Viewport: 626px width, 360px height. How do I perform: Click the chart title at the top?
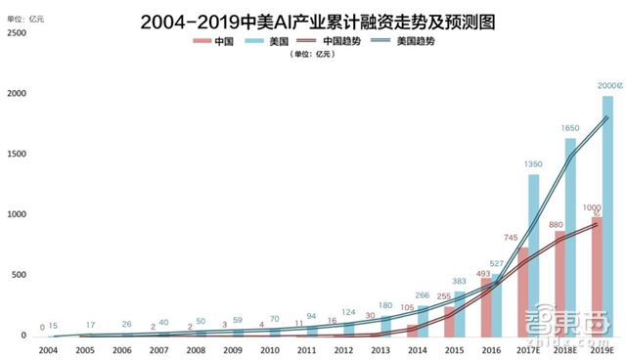pyautogui.click(x=314, y=19)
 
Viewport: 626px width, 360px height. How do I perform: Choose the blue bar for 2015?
pyautogui.click(x=460, y=313)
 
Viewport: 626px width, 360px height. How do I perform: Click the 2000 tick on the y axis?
pyautogui.click(x=15, y=94)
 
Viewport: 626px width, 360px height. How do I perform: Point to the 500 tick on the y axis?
pyautogui.click(x=18, y=276)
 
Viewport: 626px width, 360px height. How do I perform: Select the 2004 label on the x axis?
pyautogui.click(x=48, y=348)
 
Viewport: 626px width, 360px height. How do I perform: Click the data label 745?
pyautogui.click(x=509, y=237)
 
